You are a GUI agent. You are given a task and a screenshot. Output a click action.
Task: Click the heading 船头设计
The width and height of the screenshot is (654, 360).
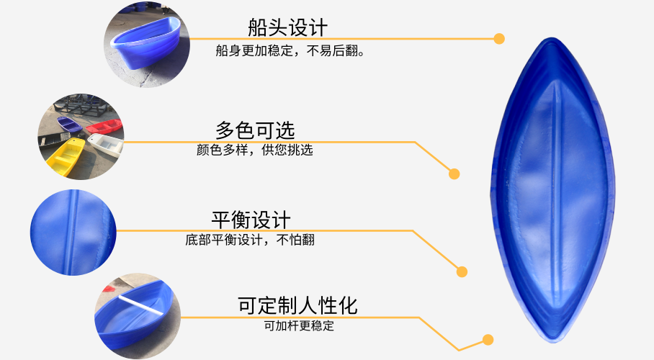[x=287, y=27]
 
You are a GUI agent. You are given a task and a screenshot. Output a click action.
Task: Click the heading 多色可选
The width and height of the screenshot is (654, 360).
[x=255, y=130]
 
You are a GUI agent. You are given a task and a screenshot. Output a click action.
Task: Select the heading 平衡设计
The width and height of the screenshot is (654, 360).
[x=251, y=219]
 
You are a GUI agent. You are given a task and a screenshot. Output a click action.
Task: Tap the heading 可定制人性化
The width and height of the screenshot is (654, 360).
[x=297, y=305]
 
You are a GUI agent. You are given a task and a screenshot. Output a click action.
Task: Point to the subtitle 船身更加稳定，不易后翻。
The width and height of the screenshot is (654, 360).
[x=290, y=51]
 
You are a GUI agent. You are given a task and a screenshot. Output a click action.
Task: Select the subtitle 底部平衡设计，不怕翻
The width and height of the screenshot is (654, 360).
[x=250, y=240]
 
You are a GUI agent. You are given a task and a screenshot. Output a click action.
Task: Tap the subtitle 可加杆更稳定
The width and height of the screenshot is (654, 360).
[x=299, y=325]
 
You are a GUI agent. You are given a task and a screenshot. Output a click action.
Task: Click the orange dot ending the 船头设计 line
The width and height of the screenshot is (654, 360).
[x=499, y=38]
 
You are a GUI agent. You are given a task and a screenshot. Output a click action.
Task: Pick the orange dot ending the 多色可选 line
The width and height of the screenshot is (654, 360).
[x=454, y=174]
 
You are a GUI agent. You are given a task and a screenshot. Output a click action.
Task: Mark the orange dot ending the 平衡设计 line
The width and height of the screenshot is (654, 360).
[x=462, y=272]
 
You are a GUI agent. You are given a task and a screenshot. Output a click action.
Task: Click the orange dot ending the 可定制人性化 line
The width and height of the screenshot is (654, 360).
[x=488, y=339]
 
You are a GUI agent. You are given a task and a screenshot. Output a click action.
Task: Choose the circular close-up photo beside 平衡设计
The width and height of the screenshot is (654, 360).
[x=73, y=232]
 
